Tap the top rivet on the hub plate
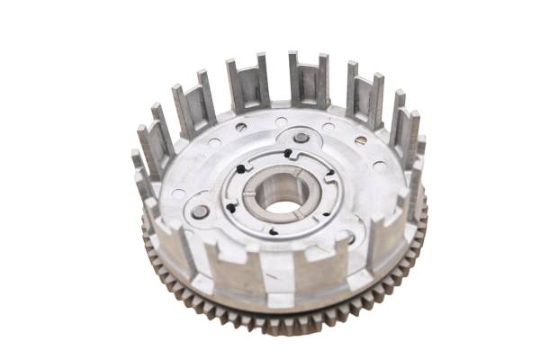[x=301, y=139]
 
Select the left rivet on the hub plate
[x=200, y=212]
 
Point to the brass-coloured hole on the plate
[x=360, y=140]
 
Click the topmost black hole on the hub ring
[x=287, y=154]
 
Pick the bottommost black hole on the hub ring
[x=273, y=231]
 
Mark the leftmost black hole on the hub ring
[x=230, y=208]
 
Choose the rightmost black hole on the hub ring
[x=329, y=173]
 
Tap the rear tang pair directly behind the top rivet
[x=308, y=78]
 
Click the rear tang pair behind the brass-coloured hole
[x=364, y=92]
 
